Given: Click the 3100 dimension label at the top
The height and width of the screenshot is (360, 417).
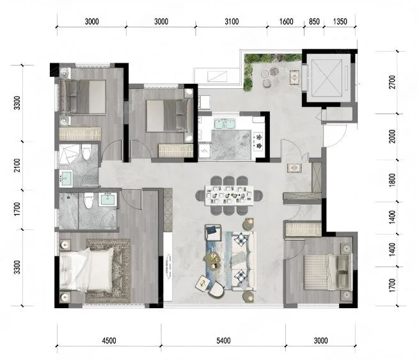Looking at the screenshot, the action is tap(232, 21).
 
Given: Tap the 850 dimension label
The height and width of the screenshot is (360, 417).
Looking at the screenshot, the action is tap(314, 21).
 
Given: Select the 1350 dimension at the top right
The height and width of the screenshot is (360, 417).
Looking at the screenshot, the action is tap(340, 21).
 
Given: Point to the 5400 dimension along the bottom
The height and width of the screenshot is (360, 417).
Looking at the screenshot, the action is tap(223, 341).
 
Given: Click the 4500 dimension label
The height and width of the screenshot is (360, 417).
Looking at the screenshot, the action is tap(109, 341).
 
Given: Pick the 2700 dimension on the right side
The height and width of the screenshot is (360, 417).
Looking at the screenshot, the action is tap(392, 82).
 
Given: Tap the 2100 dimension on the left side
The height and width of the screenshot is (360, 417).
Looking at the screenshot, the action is tap(17, 165).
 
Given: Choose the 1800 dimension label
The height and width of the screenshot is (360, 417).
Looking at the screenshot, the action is tap(392, 180).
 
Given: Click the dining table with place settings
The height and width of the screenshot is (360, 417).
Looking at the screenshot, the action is tap(229, 196).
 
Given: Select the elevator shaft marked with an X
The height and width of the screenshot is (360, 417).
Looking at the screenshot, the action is tap(327, 77).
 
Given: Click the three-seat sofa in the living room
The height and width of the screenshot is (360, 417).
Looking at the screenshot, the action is tap(244, 261).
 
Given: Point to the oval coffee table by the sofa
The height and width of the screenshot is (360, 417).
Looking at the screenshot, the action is tap(212, 261).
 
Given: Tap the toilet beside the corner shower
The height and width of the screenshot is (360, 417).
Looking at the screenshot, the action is tap(86, 152).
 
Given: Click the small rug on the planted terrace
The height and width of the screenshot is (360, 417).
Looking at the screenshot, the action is tap(294, 77).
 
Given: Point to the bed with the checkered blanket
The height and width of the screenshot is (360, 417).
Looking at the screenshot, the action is tap(327, 272).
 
